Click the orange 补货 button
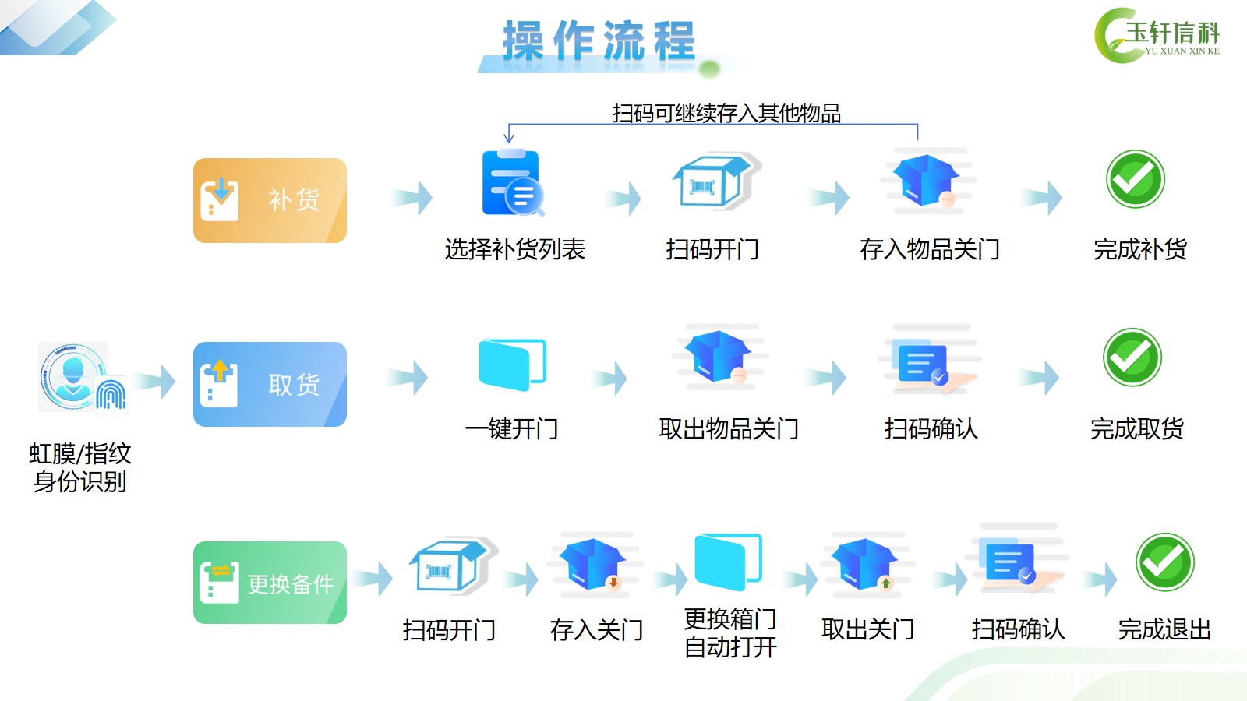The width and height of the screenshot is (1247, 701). click(x=270, y=200)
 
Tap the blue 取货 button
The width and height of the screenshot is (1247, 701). click(x=270, y=385)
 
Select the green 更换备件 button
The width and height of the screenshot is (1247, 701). click(x=270, y=583)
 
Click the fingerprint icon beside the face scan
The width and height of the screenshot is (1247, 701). click(x=111, y=394)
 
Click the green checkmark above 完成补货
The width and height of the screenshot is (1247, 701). click(x=1135, y=178)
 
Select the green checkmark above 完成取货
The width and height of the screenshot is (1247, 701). click(x=1132, y=358)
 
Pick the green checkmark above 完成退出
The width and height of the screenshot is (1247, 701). click(x=1164, y=562)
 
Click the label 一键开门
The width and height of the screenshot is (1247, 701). click(x=511, y=429)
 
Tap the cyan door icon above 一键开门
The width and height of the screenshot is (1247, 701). click(x=512, y=365)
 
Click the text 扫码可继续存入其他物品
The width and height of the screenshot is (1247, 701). click(x=726, y=113)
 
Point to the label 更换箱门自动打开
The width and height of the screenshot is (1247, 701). click(x=730, y=632)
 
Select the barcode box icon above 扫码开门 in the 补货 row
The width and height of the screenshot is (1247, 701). click(x=716, y=181)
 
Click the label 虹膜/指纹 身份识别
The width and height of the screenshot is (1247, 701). click(x=80, y=468)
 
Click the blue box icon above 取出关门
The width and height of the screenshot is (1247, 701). click(x=864, y=564)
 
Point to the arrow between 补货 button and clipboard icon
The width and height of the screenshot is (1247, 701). click(x=412, y=198)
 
